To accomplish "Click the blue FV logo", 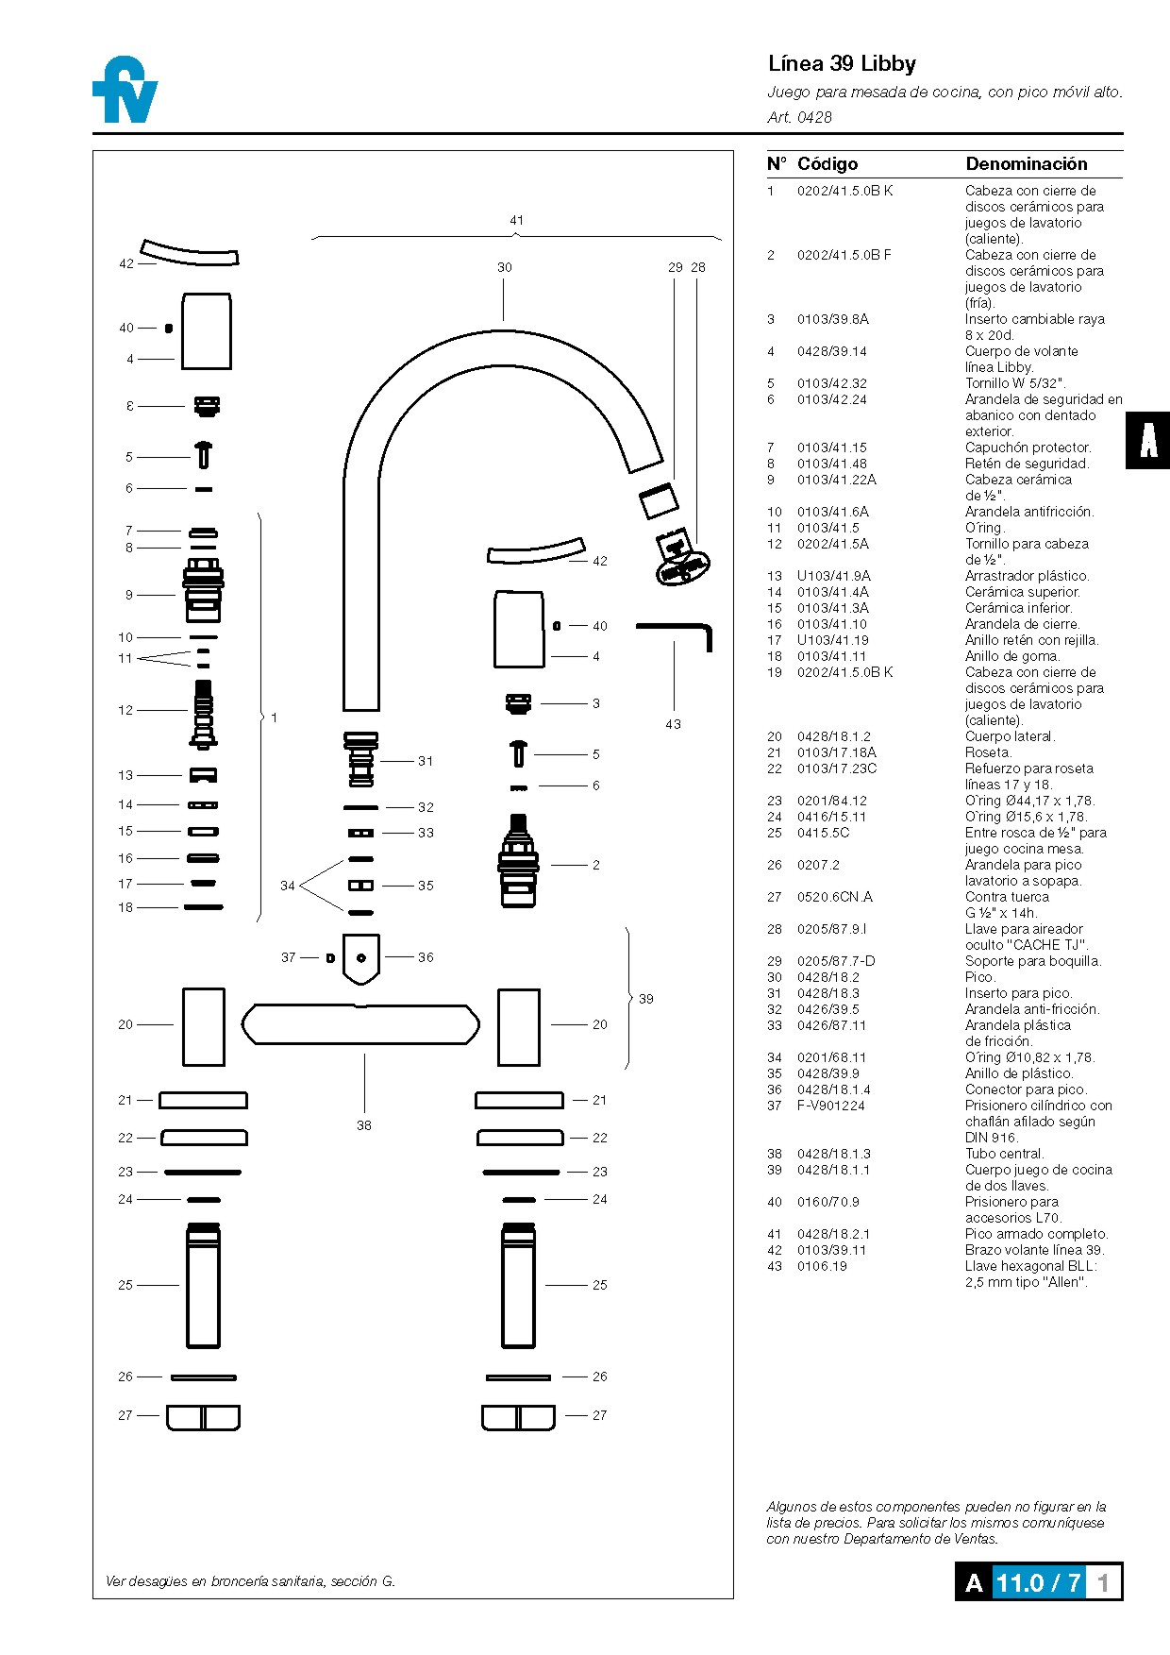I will click(x=125, y=90).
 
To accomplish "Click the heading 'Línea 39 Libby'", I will click(x=842, y=63).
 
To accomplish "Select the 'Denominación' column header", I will click(x=1026, y=163).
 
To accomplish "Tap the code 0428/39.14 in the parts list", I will click(x=831, y=351).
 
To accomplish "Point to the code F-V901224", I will click(x=830, y=1106).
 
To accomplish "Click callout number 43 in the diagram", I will click(x=673, y=724).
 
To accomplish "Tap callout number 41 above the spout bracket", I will click(x=516, y=220).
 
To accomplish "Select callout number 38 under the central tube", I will click(x=364, y=1125).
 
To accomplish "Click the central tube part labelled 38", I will click(x=360, y=1024).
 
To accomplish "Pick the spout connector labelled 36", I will click(x=361, y=957).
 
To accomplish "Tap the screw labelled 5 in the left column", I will click(x=204, y=455).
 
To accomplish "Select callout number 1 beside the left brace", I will click(x=275, y=718).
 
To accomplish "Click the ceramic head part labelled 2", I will click(x=518, y=861).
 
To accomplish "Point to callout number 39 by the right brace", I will click(x=646, y=999).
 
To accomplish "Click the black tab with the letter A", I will click(x=1147, y=440).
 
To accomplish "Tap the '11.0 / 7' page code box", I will click(x=1038, y=1582).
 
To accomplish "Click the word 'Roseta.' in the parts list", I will click(x=988, y=752).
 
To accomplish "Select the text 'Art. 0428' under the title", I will click(x=799, y=117).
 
